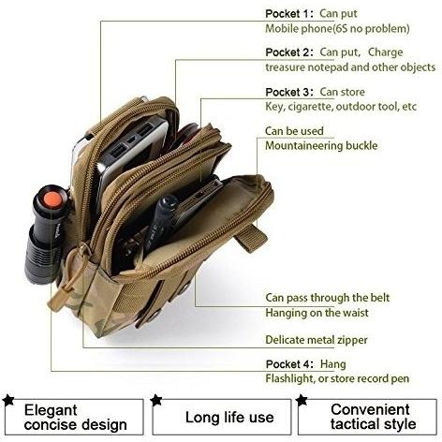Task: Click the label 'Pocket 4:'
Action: point(289,364)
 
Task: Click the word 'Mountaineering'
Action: point(300,146)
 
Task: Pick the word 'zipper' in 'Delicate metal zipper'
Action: point(351,340)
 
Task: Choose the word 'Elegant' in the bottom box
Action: point(51,410)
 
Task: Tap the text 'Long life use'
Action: point(229,418)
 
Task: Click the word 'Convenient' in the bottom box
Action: point(370,409)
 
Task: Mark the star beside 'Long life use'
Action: point(156,400)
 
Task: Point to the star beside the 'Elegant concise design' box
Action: point(8,400)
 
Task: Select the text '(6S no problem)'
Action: point(372,29)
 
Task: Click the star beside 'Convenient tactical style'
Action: point(302,400)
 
